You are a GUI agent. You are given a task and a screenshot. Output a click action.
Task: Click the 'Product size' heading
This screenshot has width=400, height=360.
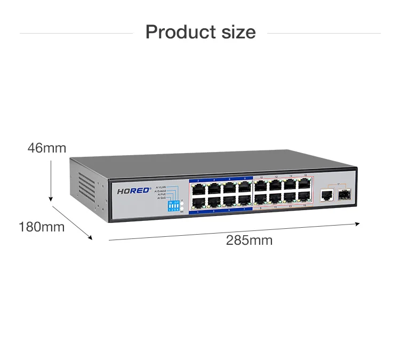[x=200, y=32]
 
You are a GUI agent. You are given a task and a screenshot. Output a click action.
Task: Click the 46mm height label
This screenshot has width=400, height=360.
[x=47, y=148]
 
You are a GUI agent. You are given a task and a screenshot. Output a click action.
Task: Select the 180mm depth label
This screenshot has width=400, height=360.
[x=42, y=227]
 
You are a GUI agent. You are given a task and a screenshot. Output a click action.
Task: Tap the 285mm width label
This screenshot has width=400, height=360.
[x=249, y=241]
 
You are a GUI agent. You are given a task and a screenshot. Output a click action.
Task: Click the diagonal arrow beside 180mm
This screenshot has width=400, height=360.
[x=72, y=221]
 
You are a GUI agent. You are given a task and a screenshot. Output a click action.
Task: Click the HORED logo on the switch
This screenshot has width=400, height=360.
[x=134, y=190]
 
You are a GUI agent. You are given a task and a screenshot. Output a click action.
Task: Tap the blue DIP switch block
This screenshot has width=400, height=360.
[x=173, y=206]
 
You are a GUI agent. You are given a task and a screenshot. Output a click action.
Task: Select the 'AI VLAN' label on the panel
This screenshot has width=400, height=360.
[x=161, y=187]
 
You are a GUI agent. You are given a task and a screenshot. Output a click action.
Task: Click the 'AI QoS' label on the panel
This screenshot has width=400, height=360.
[x=161, y=198]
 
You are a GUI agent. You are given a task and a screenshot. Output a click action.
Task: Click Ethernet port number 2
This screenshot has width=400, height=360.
[x=198, y=188]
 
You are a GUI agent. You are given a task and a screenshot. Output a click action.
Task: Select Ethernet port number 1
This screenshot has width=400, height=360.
[x=198, y=201]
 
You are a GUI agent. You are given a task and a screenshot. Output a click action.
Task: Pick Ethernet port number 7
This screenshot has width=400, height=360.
[x=244, y=200]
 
